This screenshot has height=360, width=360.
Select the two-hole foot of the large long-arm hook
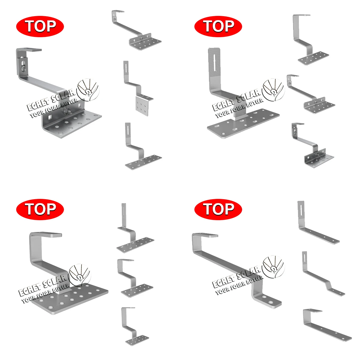pos(268,300)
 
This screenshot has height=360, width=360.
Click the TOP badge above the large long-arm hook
pos(218,209)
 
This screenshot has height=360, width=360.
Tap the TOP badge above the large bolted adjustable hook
pos(40,26)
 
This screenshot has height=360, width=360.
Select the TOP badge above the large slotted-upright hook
pos(218,26)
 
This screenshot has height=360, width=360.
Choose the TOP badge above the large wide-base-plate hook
pos(40,209)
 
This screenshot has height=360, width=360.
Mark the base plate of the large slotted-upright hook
pos(243,123)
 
